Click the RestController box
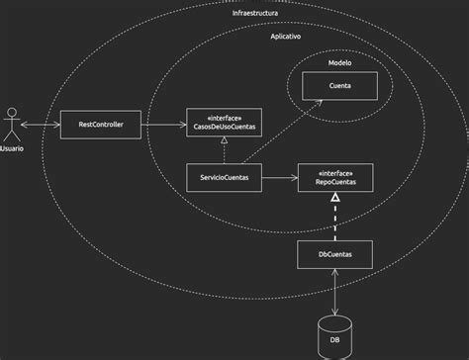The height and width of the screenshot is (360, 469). (x=100, y=124)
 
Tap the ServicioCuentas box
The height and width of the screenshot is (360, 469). (x=225, y=178)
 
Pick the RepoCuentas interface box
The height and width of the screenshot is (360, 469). (x=335, y=178)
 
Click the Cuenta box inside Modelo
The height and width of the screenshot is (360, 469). (x=339, y=87)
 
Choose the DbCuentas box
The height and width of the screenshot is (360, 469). (x=335, y=255)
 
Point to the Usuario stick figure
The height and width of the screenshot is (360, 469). (x=12, y=122)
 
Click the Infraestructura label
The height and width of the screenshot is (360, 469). (x=254, y=15)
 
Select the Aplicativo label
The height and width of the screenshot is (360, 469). (x=286, y=36)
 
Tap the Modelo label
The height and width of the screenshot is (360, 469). (x=339, y=62)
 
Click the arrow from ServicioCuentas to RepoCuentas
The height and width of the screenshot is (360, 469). (x=280, y=178)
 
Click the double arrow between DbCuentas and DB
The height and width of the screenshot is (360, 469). (x=335, y=293)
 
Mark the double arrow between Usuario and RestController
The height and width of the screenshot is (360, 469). (x=42, y=124)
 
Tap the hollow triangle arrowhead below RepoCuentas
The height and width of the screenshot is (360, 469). (x=335, y=199)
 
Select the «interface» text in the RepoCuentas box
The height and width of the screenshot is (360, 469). (x=335, y=172)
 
